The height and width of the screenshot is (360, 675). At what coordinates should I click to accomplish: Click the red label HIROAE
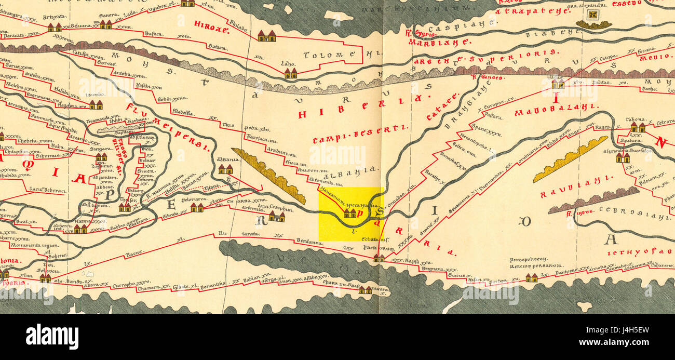coord(211,27)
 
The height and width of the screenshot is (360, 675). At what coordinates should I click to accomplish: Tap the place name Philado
coord(238,23)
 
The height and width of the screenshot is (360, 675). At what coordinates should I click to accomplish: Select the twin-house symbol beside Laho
coord(290,73)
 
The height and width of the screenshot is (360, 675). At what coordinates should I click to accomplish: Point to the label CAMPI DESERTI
coord(360,134)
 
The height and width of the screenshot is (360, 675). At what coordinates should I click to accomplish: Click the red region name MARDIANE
coord(439,43)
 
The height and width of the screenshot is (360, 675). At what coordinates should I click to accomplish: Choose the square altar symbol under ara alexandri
coord(593,23)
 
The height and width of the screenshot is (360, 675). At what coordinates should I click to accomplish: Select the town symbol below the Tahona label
coord(637,128)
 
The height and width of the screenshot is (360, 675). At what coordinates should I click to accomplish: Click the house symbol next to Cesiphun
coord(276,217)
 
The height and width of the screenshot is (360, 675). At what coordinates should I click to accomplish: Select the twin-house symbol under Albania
coord(225,169)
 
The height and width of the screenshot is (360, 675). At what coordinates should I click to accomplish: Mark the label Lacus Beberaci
coord(47,191)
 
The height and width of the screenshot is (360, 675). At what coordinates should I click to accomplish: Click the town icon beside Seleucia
coord(45,278)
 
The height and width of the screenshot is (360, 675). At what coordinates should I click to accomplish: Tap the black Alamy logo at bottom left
coord(52,337)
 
